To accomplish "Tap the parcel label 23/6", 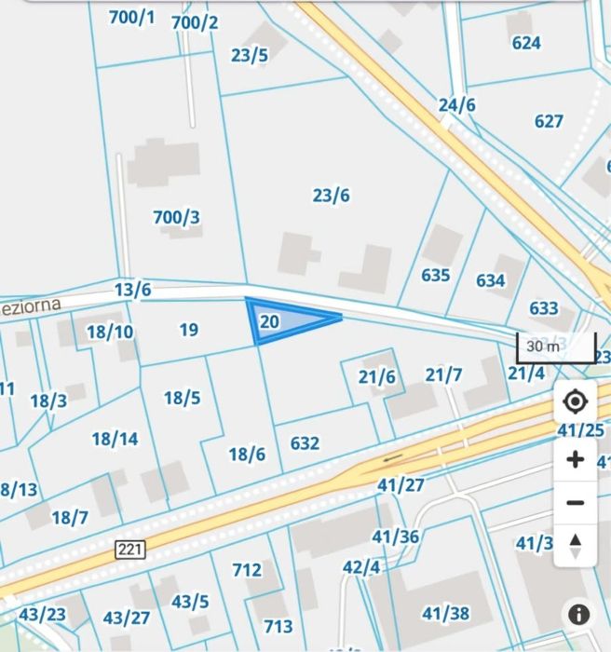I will [331, 196].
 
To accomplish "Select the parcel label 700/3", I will [176, 218].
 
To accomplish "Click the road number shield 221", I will [131, 550].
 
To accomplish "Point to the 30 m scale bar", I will [555, 347].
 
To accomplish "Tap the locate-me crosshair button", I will [575, 402].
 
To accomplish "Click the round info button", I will [578, 615].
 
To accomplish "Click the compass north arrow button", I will [575, 544].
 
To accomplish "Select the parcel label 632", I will [305, 443].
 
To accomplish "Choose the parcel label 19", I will [189, 330].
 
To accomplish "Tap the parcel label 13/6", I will [132, 290].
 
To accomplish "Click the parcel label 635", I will [435, 275].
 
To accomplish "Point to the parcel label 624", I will [526, 43].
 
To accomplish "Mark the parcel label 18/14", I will [115, 438].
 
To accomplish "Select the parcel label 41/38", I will [445, 613].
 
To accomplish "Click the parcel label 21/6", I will [377, 376].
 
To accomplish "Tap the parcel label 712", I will [247, 569].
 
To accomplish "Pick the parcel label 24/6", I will [456, 105].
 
